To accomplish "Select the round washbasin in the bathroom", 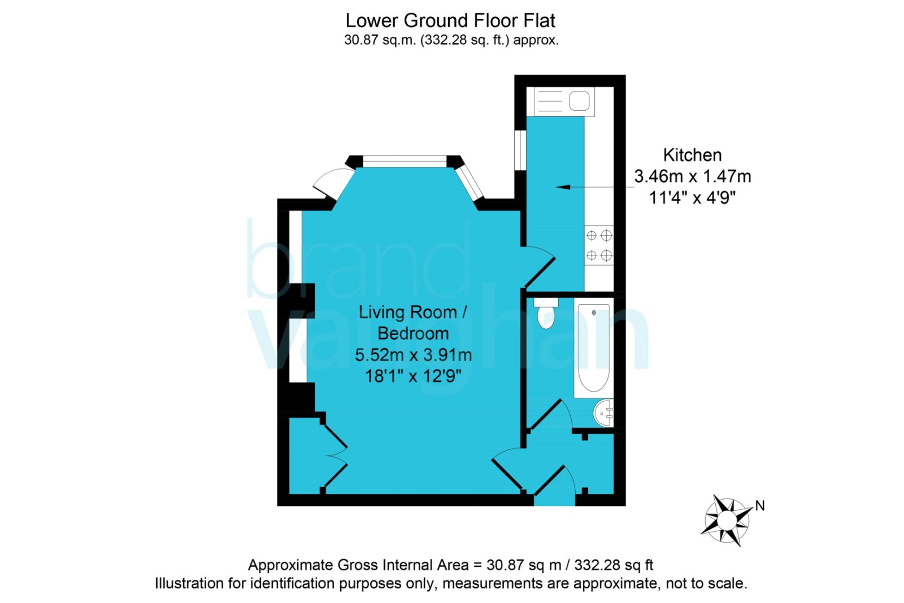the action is coord(604,413).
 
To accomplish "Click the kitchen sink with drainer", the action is coord(564,101).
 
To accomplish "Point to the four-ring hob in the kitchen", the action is coord(599,245).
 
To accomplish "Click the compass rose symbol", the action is coord(727,520).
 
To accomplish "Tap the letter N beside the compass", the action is coord(760,506).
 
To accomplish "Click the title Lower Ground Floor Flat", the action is coord(450,20).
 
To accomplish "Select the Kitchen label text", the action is coord(693,155).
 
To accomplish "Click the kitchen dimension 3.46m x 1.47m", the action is coord(693,176).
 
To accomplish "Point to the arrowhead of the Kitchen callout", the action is coord(563,187).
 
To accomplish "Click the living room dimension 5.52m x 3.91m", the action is coord(413,355).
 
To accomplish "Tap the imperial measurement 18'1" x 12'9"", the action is coord(413,376).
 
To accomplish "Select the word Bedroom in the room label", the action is coord(413,334).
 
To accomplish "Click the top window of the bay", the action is coord(405,162).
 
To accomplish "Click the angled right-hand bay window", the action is coord(470,183).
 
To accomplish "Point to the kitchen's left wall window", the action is coord(520,150).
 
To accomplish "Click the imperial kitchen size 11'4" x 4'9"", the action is coord(693,198).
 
